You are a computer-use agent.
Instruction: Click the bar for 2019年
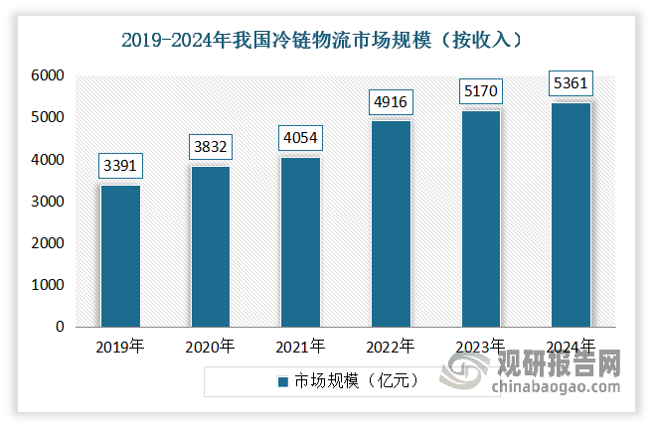[120, 256]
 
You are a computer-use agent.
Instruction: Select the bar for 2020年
[210, 246]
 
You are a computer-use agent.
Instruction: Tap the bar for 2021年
[300, 242]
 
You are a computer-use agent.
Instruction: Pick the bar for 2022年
[391, 223]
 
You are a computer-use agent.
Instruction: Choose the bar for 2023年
[480, 218]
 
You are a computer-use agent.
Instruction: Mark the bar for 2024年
[571, 214]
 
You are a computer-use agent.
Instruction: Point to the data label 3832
[210, 147]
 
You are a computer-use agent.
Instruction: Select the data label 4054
[300, 138]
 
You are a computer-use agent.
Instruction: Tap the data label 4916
[391, 101]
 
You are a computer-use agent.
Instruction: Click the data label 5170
[480, 91]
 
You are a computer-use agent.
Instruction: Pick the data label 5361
[571, 83]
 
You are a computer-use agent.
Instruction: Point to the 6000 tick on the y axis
[46, 76]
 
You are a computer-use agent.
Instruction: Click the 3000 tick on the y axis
[46, 202]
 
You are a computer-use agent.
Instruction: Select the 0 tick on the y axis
[60, 327]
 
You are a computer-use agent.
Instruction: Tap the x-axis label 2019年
[120, 347]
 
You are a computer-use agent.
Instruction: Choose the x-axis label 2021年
[300, 347]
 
